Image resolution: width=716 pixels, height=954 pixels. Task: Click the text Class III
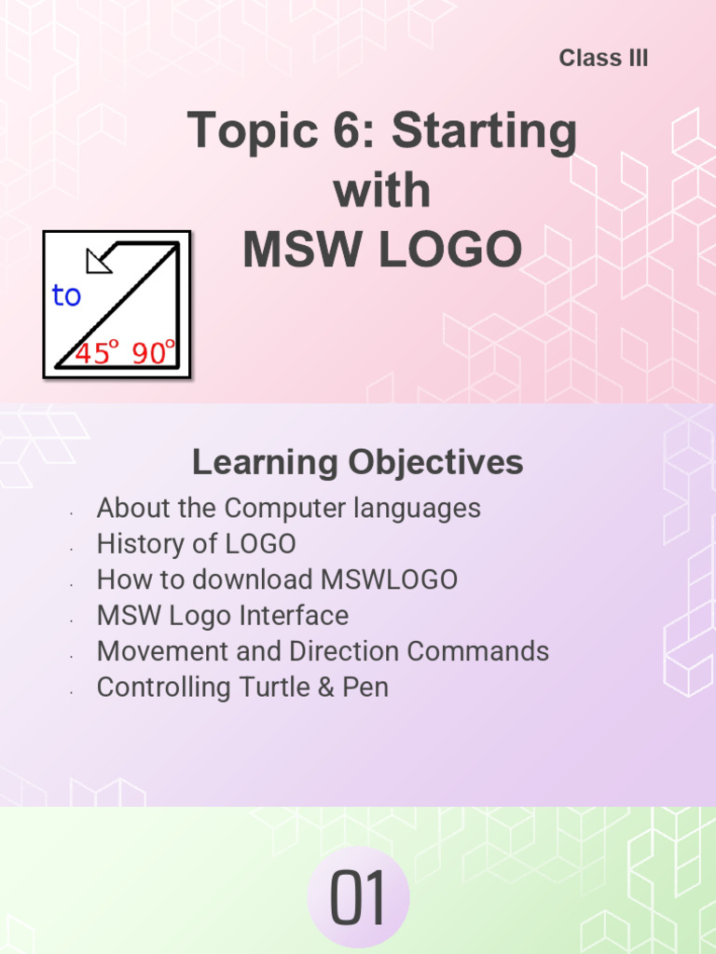(603, 58)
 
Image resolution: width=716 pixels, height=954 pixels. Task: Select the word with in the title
(382, 191)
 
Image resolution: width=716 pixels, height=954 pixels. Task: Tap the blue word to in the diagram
(66, 296)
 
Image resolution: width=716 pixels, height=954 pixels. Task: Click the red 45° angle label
(97, 353)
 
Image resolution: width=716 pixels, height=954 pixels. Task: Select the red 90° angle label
(154, 353)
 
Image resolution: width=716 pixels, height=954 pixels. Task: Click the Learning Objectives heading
(357, 462)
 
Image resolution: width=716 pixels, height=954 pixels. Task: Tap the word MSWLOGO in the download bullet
(389, 579)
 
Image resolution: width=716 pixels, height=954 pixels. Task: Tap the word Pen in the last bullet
(366, 688)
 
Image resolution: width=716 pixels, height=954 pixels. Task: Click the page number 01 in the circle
(359, 901)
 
